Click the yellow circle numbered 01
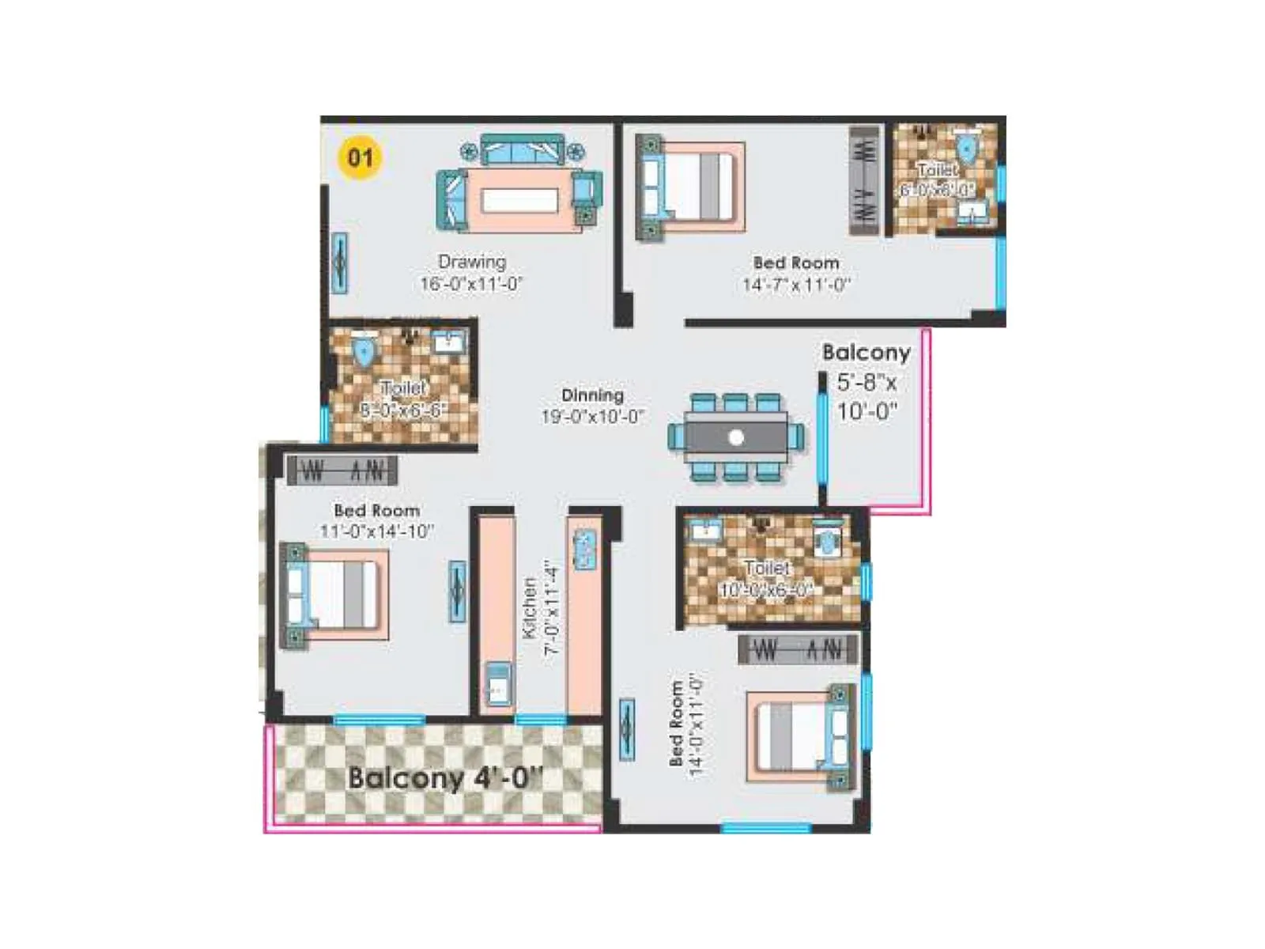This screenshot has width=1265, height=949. [x=360, y=157]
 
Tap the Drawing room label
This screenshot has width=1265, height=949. [x=472, y=262]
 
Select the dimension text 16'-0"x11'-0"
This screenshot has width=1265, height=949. [x=471, y=284]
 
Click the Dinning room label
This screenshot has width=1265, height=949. [x=592, y=395]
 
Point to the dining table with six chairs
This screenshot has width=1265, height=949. [x=735, y=437]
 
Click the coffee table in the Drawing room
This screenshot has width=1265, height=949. [x=519, y=200]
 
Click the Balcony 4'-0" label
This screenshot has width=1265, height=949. [x=445, y=777]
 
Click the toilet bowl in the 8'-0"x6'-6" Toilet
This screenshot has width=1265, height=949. [x=364, y=352]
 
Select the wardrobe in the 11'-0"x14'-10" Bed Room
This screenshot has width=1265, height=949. [x=342, y=471]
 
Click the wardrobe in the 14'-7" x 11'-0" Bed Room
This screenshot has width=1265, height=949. [x=864, y=180]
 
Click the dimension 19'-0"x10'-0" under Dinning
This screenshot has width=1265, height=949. [x=592, y=416]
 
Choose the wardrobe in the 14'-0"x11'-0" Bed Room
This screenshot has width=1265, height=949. [x=797, y=650]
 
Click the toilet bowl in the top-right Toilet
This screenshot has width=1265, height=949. [x=966, y=149]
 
